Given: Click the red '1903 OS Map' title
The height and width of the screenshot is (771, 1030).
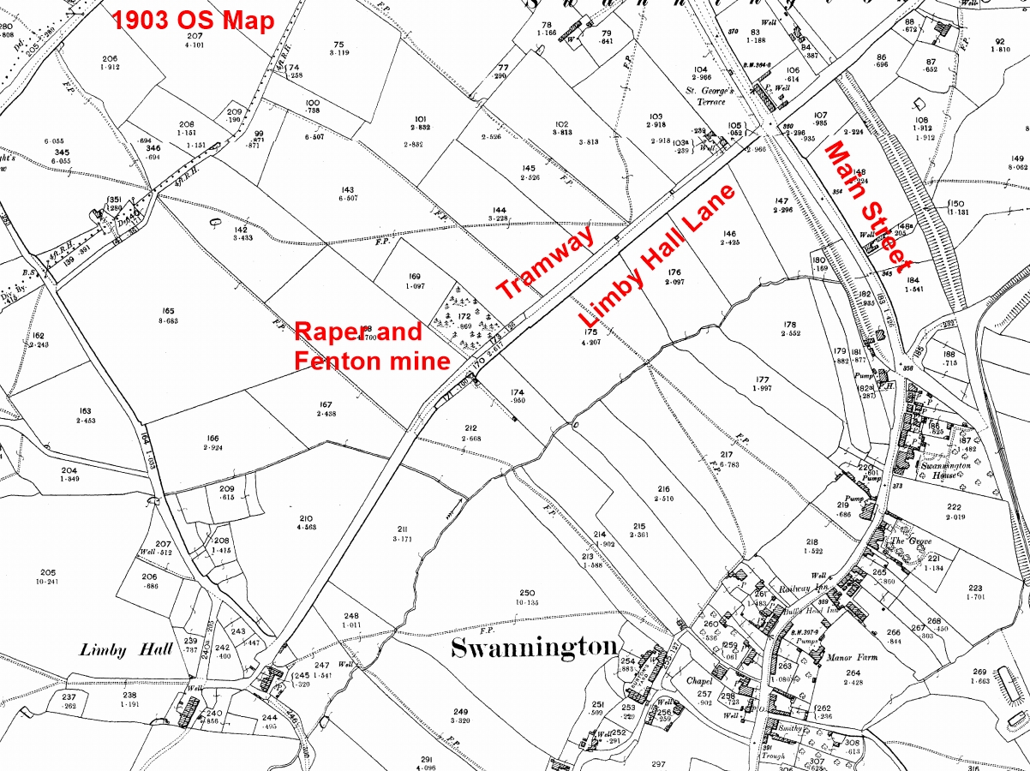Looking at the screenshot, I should click(194, 19).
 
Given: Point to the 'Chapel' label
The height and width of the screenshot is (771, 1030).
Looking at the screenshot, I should click(699, 681).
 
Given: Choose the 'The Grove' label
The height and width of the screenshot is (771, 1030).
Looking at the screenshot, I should click(910, 541).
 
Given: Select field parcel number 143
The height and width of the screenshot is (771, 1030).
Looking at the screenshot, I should click(347, 190).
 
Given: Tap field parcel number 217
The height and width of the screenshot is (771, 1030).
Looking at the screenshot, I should click(727, 455).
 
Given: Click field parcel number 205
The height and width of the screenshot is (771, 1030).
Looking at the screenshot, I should click(48, 572).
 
